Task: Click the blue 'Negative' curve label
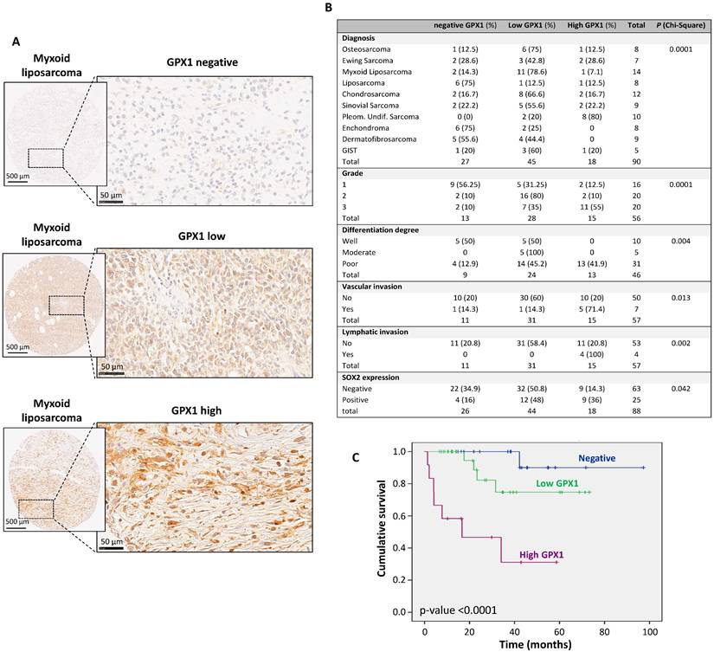click(x=598, y=458)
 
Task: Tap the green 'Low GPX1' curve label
click(x=559, y=483)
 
